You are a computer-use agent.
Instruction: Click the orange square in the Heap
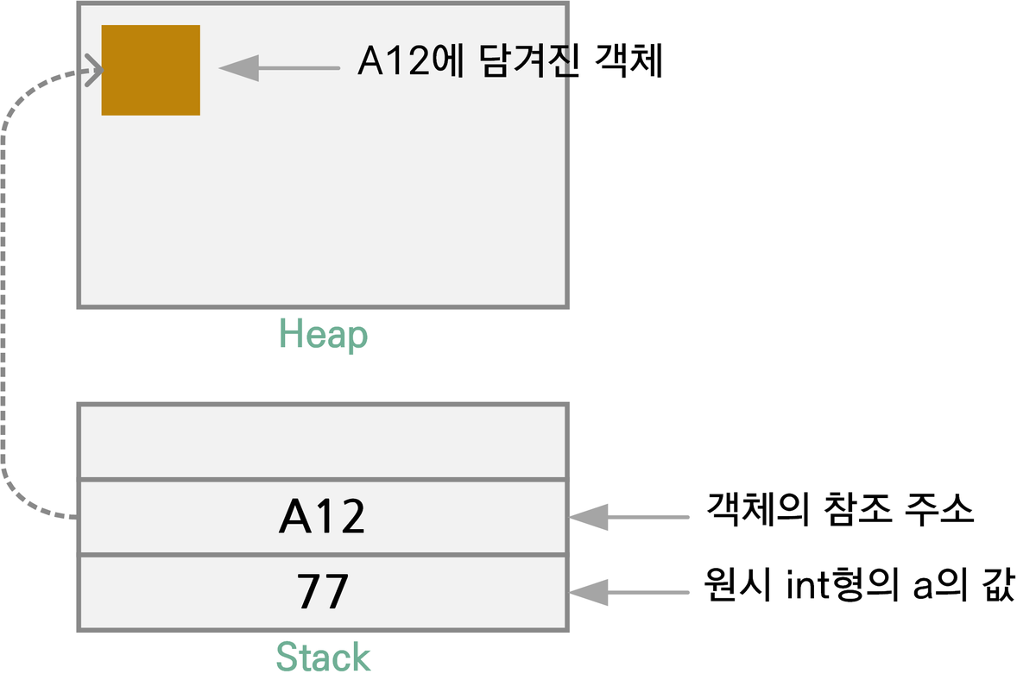[151, 70]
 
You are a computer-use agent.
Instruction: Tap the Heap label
[323, 335]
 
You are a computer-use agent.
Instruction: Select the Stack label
[323, 658]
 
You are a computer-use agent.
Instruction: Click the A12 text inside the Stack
[323, 517]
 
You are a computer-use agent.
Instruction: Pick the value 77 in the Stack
[323, 592]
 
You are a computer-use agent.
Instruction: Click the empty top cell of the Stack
[323, 441]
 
